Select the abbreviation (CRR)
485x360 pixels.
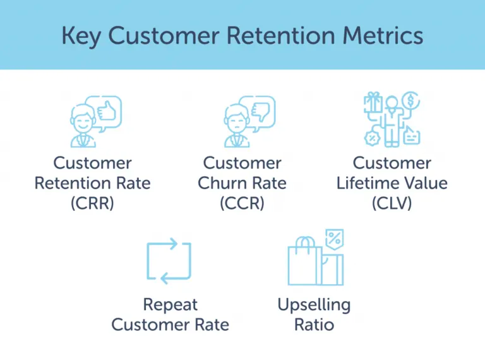coord(92,203)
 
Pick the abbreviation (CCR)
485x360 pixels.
coord(242,203)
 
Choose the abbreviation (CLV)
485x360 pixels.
coord(392,203)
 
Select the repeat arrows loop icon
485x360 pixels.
coord(169,261)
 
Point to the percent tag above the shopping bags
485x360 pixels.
coord(334,239)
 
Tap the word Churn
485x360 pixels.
coord(220,183)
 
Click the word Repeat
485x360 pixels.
coord(170,305)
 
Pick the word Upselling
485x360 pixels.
coord(314,305)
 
